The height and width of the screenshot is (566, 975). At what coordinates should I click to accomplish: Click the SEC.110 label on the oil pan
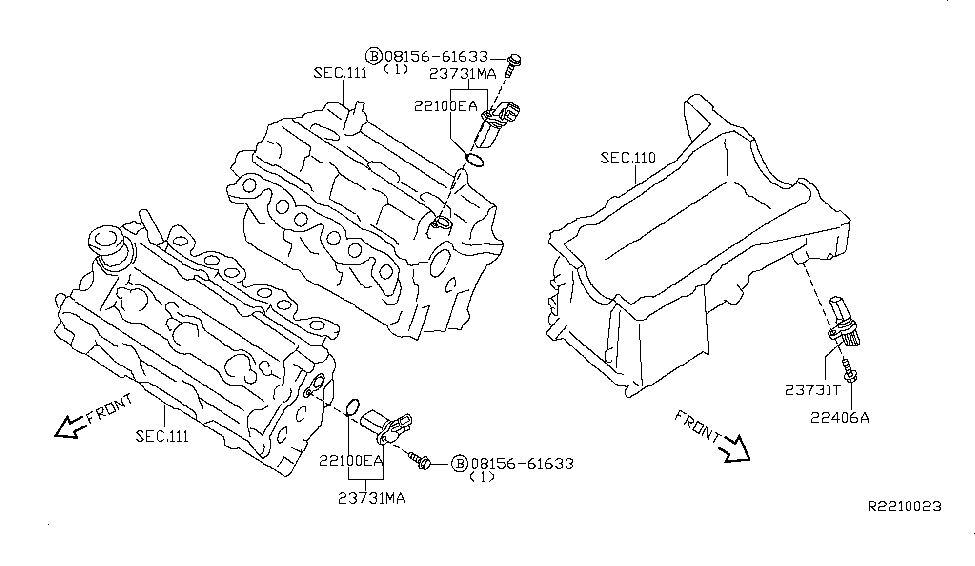tap(627, 158)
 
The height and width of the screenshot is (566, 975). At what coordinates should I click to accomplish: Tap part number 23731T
tap(812, 390)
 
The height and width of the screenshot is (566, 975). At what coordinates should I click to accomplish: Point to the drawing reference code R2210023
tap(904, 507)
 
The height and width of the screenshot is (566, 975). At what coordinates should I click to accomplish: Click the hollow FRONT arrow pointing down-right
tap(734, 448)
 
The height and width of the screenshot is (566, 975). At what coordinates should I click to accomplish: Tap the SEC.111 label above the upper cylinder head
tap(340, 73)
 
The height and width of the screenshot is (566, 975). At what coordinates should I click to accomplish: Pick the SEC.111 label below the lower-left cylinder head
tap(161, 436)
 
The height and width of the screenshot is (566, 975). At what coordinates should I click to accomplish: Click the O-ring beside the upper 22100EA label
tap(476, 158)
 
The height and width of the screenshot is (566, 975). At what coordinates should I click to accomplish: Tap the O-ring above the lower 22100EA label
tap(352, 407)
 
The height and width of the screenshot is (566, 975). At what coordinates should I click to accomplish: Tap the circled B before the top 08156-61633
tap(373, 55)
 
